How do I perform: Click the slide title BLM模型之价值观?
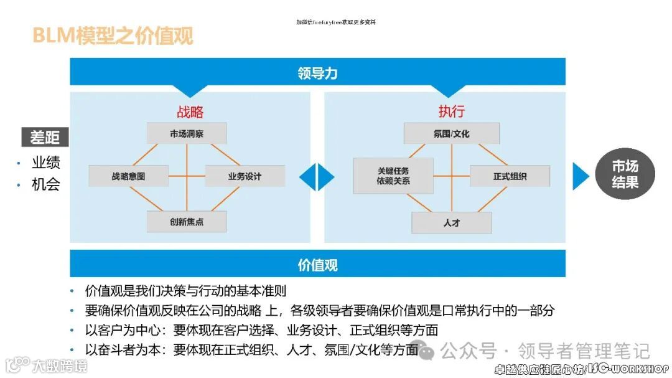point(113,36)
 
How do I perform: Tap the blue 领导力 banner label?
point(317,73)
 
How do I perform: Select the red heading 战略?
point(190,111)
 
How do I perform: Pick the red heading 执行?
point(451,111)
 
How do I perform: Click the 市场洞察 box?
point(187,133)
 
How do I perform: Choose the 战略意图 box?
point(129,176)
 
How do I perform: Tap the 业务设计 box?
point(245,176)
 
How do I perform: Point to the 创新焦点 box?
point(187,222)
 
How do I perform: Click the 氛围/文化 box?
point(451,133)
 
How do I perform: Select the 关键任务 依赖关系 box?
point(393,176)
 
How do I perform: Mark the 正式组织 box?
point(510,176)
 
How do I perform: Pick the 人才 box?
point(451,222)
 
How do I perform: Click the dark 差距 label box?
point(45,137)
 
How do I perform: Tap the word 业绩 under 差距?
point(46,163)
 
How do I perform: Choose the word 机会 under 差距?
point(46,184)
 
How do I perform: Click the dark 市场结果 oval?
point(625,174)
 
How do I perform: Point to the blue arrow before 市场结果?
point(580,176)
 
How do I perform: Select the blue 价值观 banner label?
point(317,265)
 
